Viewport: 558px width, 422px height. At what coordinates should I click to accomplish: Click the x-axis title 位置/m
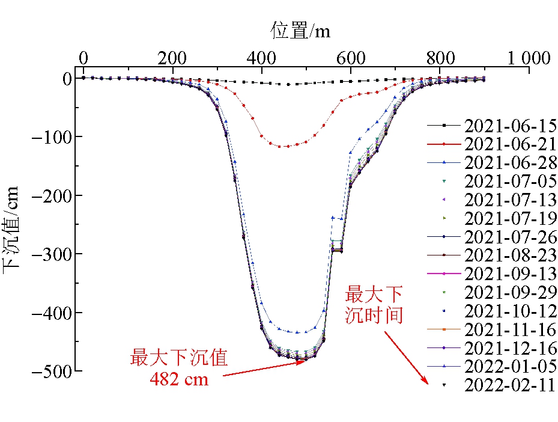(x=300, y=29)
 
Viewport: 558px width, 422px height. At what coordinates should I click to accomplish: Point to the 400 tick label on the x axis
(x=262, y=58)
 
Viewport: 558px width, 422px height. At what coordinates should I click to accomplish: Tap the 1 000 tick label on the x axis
(x=527, y=58)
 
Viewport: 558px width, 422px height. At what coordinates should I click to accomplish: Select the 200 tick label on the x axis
(x=172, y=58)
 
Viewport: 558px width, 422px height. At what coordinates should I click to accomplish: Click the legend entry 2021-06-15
(x=509, y=126)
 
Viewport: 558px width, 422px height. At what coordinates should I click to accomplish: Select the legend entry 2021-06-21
(x=509, y=144)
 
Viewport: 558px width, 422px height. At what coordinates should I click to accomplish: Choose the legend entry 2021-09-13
(x=509, y=274)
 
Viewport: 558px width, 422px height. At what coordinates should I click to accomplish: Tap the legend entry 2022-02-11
(x=509, y=385)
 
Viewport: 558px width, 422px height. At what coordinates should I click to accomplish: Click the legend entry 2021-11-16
(x=509, y=329)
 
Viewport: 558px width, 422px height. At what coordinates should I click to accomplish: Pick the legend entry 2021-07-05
(x=509, y=181)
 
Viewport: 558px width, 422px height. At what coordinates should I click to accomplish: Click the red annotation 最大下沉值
(x=179, y=358)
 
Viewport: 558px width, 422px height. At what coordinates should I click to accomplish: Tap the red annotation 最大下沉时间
(x=374, y=305)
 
